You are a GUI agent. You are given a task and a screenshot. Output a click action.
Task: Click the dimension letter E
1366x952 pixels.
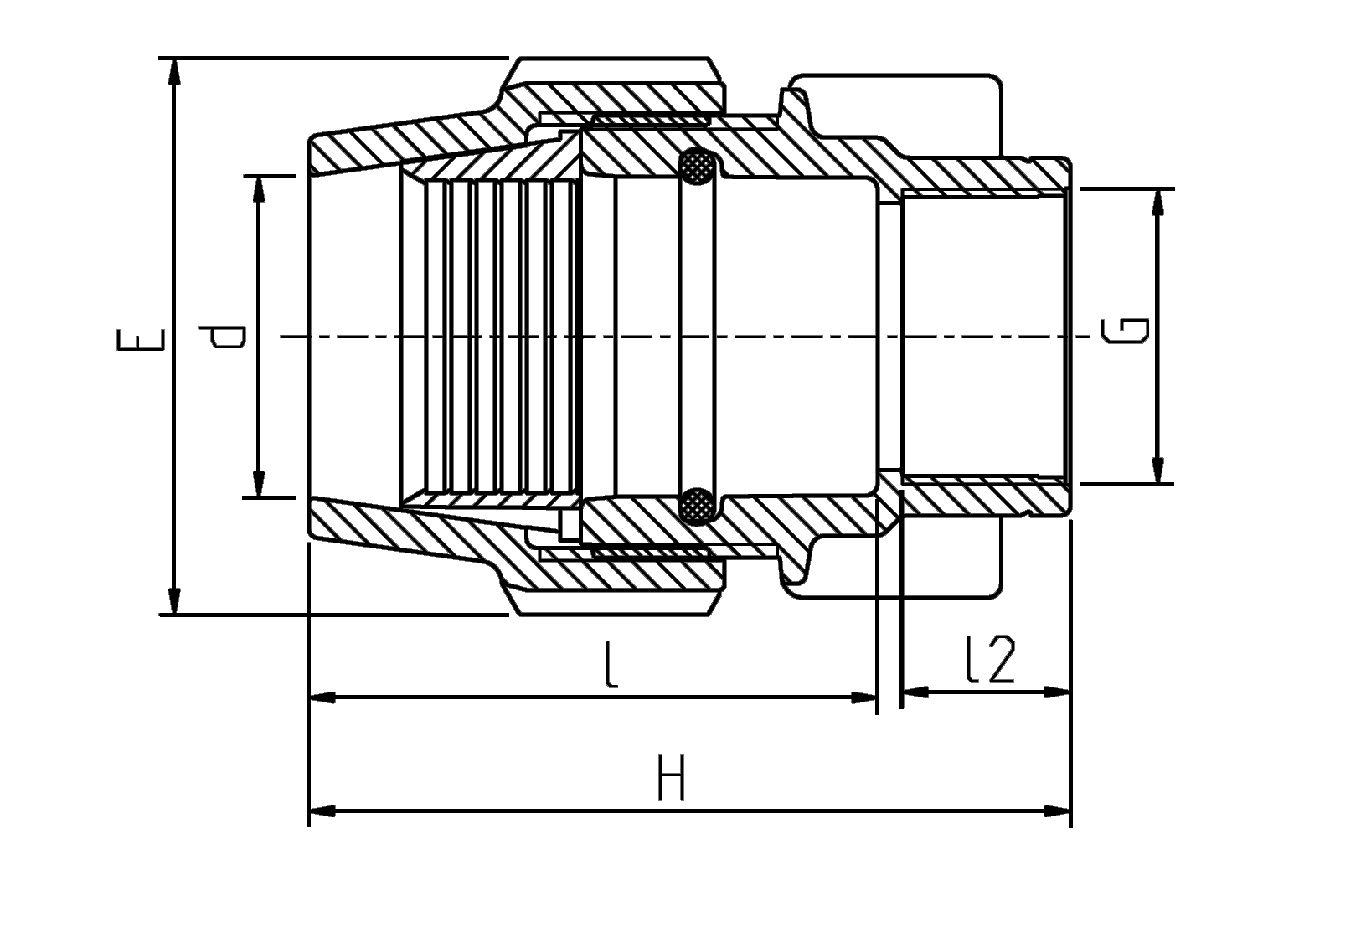140,339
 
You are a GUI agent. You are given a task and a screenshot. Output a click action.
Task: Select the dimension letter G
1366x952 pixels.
1125,331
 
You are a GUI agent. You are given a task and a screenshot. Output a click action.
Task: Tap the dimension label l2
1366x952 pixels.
991,660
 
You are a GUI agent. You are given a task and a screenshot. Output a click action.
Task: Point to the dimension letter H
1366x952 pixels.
672,778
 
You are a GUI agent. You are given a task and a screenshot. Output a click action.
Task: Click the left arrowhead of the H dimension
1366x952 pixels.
322,811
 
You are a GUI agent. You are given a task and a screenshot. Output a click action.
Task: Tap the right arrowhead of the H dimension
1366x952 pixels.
1057,811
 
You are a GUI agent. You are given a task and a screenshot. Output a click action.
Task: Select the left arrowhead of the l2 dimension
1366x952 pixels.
915,692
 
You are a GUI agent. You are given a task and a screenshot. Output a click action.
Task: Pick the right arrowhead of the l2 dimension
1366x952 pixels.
1057,692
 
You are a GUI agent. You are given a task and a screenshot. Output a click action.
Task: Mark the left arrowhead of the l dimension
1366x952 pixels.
322,697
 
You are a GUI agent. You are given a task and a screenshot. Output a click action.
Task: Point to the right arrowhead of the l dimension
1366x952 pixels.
863,697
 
